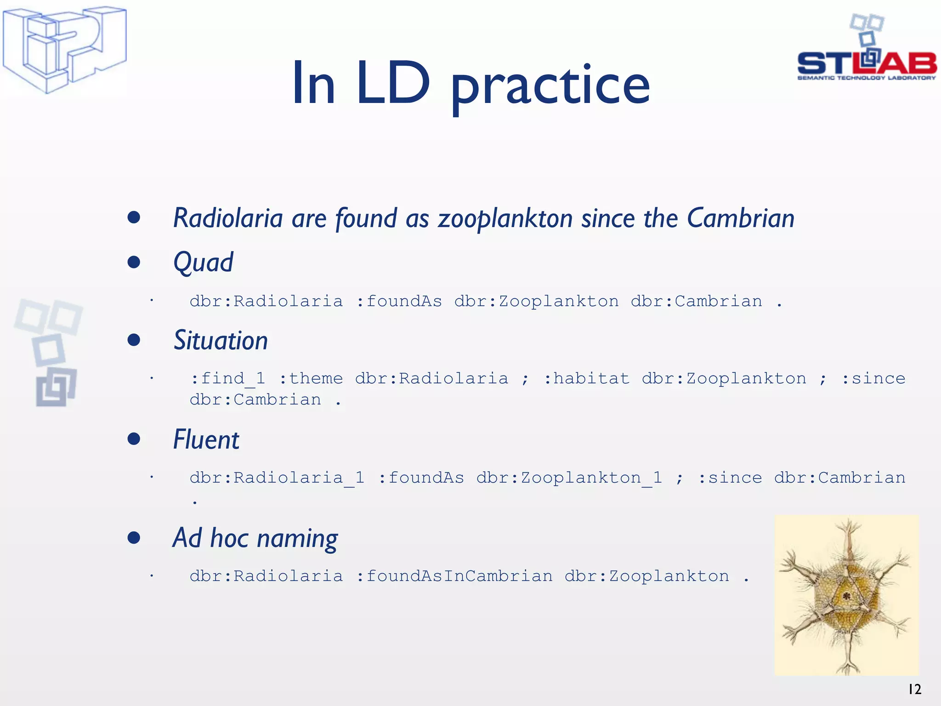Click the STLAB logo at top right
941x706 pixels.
point(867,51)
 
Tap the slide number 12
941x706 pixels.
point(914,689)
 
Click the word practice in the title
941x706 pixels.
point(550,85)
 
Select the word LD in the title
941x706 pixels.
point(393,83)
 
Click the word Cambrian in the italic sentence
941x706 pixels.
point(741,218)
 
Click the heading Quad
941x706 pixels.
point(203,262)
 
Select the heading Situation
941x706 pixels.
point(221,341)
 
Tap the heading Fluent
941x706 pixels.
point(206,439)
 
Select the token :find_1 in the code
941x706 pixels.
point(228,378)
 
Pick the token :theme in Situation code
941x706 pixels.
point(311,378)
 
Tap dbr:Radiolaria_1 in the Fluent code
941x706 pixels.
point(277,478)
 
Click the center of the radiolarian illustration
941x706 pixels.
point(846,596)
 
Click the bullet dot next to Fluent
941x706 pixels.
point(134,439)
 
